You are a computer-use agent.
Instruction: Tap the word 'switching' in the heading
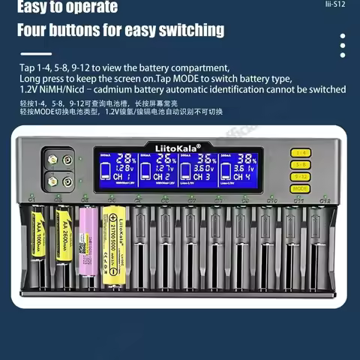point(187,30)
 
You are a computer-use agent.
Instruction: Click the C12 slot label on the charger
point(325,200)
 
